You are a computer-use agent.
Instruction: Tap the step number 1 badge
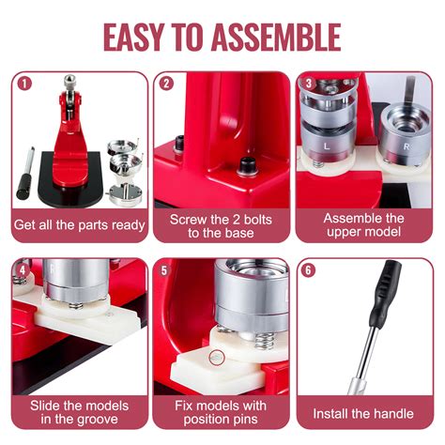tap(24, 83)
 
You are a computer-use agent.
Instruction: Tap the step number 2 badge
tap(166, 83)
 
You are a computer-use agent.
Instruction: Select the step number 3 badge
tap(308, 83)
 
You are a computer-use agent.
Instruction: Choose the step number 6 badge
tap(308, 269)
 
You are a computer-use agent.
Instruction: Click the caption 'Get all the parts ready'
tap(79, 225)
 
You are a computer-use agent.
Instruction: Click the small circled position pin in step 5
tap(217, 357)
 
